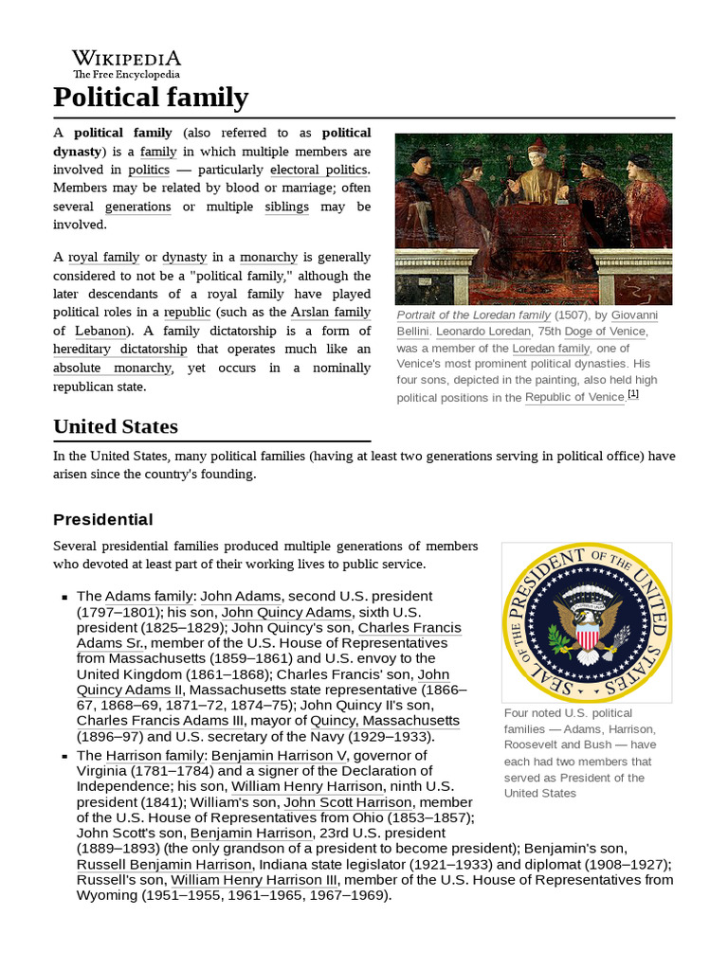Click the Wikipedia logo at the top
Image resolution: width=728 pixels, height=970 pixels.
(x=126, y=63)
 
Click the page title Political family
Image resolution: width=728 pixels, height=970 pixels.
(x=151, y=98)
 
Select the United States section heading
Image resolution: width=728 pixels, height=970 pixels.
(x=116, y=426)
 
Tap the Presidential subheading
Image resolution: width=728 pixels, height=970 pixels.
(x=102, y=519)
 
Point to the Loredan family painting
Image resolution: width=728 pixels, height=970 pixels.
(x=533, y=218)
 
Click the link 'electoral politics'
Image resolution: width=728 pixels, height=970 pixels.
(x=318, y=170)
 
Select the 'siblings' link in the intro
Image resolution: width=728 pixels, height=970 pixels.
(x=287, y=207)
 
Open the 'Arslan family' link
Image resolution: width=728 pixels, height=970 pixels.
(x=330, y=312)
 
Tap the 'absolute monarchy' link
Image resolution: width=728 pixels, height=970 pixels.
(x=112, y=368)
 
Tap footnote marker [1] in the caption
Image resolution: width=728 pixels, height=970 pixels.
(x=633, y=395)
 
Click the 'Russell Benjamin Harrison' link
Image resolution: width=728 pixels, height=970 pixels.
(x=164, y=864)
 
